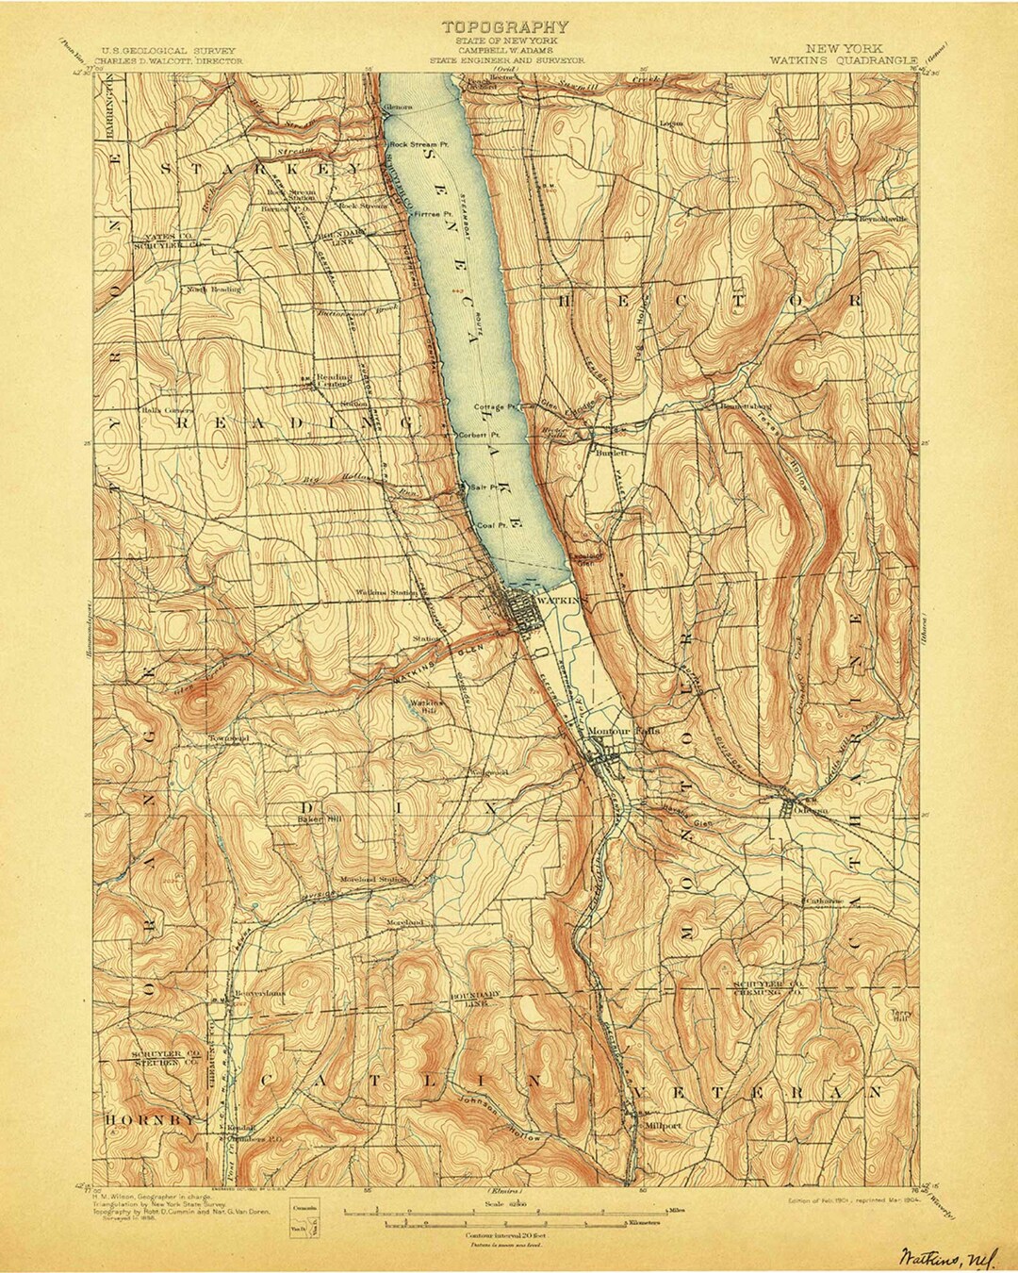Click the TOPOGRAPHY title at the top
[505, 27]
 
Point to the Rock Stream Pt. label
[421, 144]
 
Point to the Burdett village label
[613, 452]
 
